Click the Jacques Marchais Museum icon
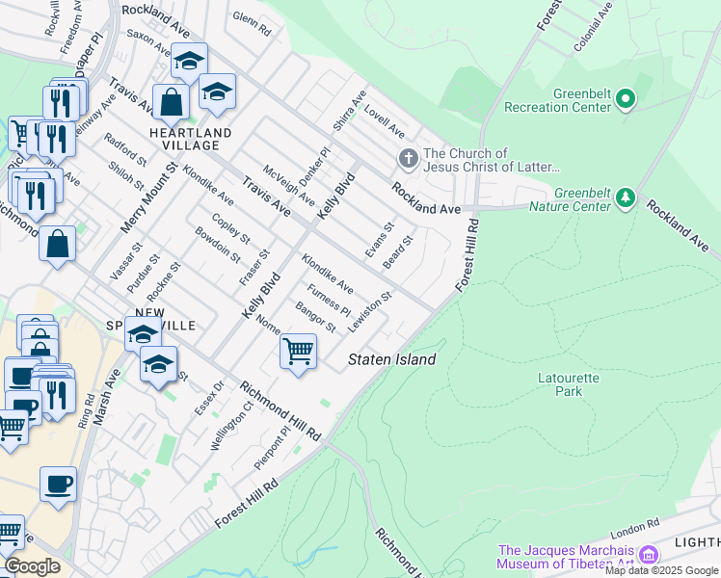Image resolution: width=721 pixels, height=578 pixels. [648, 555]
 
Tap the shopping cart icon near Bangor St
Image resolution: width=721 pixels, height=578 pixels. [298, 352]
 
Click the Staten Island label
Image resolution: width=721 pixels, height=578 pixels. [391, 359]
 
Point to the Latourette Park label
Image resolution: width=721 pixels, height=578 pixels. [569, 384]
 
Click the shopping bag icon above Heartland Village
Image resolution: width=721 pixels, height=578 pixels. [170, 102]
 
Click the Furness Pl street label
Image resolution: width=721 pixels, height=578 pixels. [329, 300]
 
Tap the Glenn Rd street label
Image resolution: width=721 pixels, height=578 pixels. [252, 19]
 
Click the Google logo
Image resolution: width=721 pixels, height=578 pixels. [32, 566]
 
